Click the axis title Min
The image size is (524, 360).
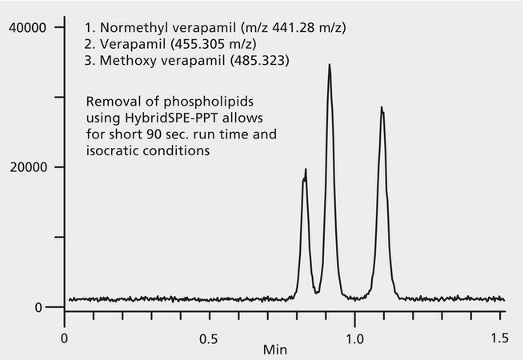coord(276,350)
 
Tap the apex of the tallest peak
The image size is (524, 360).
coord(329,65)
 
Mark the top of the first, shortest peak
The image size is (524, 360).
coord(306,170)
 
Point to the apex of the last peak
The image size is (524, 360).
coord(382,106)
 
